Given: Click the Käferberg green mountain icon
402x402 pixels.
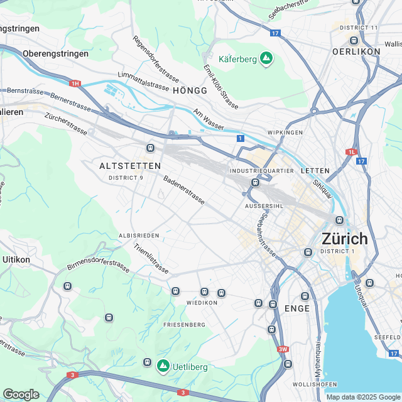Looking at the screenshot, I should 266,58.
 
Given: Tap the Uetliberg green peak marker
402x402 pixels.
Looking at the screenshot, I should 163,365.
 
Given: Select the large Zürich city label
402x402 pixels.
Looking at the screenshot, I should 344,239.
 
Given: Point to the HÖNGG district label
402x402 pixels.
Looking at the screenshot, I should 188,91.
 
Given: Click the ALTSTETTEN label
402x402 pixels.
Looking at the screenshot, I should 130,166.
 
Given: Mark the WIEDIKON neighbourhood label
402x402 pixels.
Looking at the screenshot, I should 202,302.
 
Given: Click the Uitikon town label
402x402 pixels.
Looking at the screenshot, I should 16,259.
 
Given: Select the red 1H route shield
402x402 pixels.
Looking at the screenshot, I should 75,83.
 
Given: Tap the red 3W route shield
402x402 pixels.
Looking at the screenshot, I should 283,349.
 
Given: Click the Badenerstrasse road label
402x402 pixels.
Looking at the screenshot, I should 184,190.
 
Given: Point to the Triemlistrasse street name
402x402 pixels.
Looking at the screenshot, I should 151,259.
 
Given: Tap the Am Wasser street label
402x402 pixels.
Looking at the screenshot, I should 209,119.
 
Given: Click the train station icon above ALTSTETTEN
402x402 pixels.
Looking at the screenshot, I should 150,148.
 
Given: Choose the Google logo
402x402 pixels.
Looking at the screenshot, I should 21,394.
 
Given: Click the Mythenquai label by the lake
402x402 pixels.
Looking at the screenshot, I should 318,359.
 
